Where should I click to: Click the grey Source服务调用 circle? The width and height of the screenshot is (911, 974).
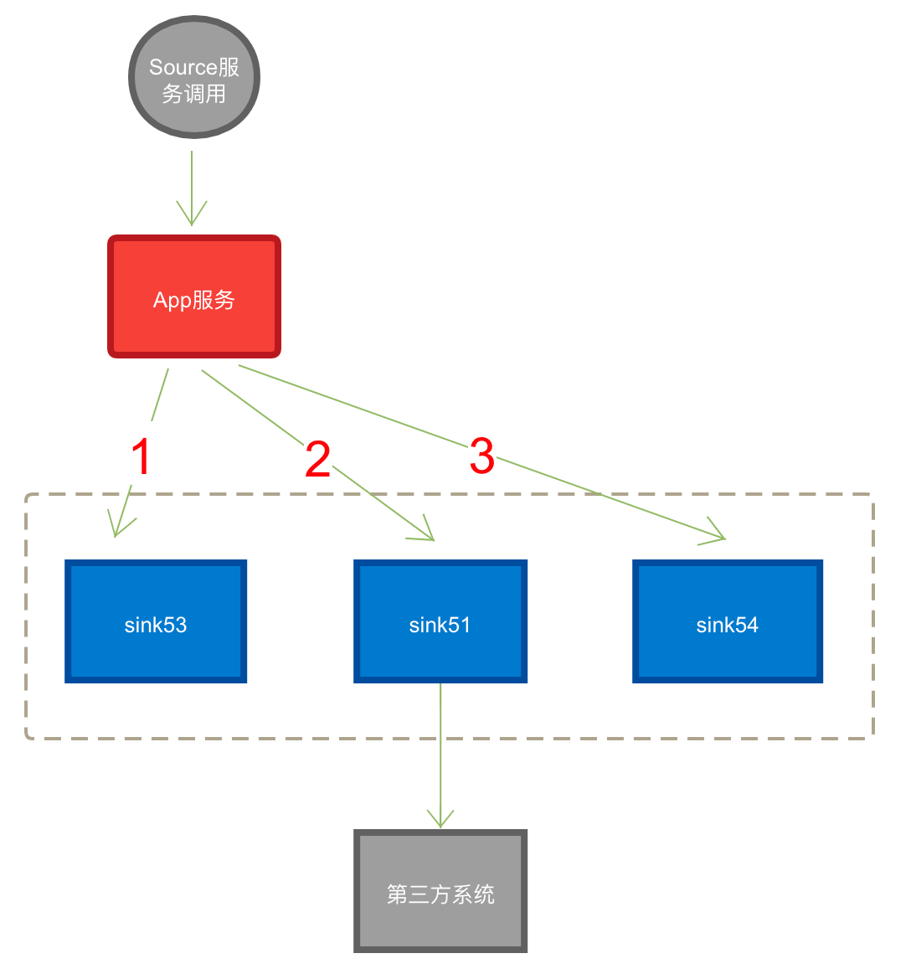(194, 77)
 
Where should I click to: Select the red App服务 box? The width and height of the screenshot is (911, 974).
(194, 296)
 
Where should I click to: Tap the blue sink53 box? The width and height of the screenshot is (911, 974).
(156, 621)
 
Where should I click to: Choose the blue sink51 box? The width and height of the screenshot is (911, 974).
(440, 621)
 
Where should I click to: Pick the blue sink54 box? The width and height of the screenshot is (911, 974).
(728, 621)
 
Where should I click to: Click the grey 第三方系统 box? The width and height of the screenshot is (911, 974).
(440, 891)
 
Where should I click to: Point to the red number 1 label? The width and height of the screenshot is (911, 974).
(142, 453)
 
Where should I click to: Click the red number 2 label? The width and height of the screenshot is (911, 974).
(317, 456)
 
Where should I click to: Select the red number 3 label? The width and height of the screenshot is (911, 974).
(482, 452)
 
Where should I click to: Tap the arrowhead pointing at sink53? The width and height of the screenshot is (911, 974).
(119, 526)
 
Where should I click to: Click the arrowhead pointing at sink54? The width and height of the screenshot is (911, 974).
(714, 533)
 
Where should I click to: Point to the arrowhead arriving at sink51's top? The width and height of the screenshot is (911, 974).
(425, 532)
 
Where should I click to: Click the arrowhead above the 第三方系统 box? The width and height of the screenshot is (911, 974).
(440, 818)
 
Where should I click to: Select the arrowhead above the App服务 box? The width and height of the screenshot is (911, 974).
(192, 214)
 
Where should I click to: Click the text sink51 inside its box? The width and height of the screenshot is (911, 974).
(440, 625)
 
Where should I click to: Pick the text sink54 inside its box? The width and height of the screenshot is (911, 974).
(728, 625)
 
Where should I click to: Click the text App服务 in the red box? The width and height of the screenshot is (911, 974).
(194, 300)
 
